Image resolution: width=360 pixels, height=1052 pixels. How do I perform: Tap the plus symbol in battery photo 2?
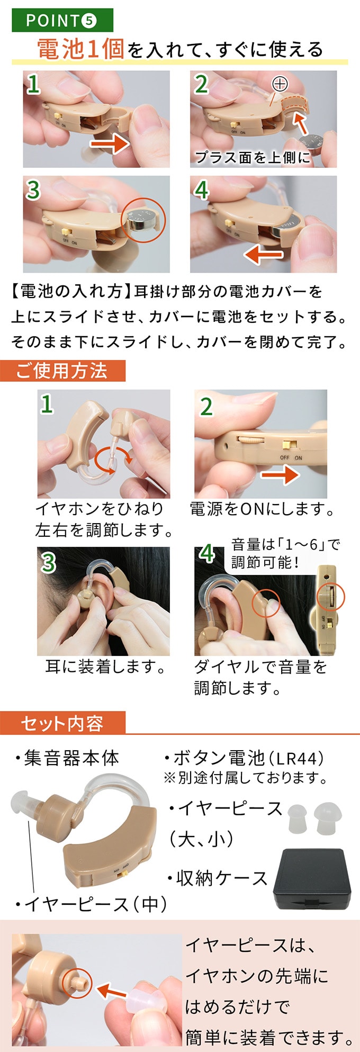pos(280,84)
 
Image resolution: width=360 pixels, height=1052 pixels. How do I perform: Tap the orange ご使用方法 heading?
pos(62,371)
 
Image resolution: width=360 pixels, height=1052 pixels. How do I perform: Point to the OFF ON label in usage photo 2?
pos(291,458)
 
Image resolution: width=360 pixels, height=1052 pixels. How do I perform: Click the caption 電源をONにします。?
pos(262,509)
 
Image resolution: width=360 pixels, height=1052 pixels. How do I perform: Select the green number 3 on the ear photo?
pos(48,562)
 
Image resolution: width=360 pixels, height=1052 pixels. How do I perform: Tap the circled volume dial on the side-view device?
pos(330,597)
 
